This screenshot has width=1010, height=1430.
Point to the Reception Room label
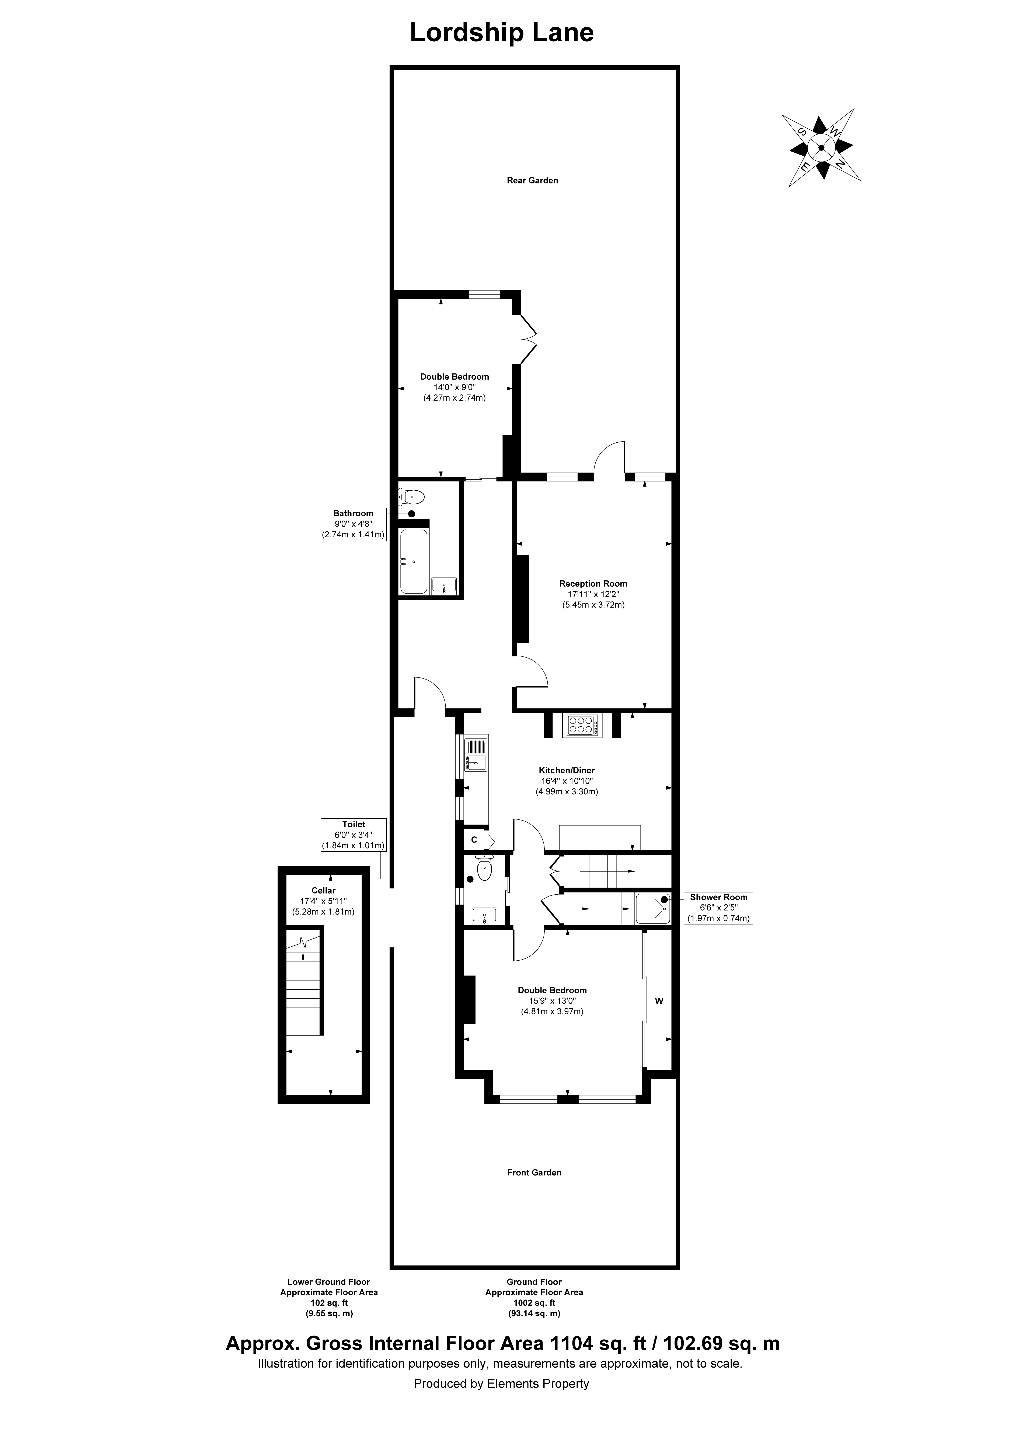tap(593, 584)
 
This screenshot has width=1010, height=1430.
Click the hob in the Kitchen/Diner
tap(582, 725)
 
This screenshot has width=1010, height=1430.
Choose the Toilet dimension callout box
tap(353, 835)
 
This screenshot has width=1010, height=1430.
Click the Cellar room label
tap(323, 891)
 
